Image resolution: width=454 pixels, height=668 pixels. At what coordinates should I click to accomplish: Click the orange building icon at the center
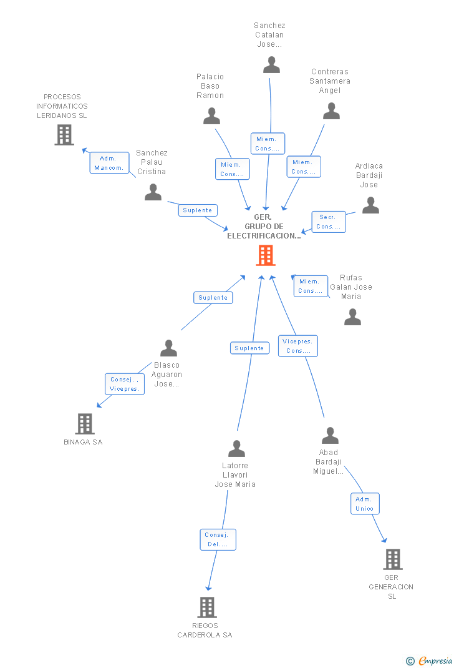pyautogui.click(x=266, y=255)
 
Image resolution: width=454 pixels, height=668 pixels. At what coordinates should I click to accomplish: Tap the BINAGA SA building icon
pyautogui.click(x=85, y=424)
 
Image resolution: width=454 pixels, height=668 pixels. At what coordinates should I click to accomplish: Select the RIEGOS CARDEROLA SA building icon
pyautogui.click(x=207, y=607)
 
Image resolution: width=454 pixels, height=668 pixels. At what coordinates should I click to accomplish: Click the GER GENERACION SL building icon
pyautogui.click(x=393, y=559)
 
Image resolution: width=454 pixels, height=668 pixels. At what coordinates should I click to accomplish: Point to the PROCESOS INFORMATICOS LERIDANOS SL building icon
pyautogui.click(x=64, y=135)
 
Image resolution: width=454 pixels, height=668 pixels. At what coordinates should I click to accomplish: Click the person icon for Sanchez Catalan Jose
pyautogui.click(x=271, y=65)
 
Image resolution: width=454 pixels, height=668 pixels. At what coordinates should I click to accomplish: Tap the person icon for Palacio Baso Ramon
pyautogui.click(x=211, y=116)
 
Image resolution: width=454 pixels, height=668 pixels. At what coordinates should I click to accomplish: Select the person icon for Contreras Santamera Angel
pyautogui.click(x=332, y=111)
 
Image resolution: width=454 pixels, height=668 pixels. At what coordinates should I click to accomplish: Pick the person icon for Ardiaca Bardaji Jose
pyautogui.click(x=370, y=205)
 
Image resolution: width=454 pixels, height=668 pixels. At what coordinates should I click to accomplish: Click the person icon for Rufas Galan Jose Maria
pyautogui.click(x=353, y=317)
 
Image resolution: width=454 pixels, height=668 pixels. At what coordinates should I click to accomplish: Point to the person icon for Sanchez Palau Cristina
pyautogui.click(x=153, y=192)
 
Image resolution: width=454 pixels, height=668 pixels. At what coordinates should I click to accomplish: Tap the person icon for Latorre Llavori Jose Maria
pyautogui.click(x=236, y=449)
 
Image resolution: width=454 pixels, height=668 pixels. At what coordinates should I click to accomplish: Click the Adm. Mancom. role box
pyautogui.click(x=109, y=163)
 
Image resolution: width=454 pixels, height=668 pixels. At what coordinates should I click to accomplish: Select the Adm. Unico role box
pyautogui.click(x=365, y=504)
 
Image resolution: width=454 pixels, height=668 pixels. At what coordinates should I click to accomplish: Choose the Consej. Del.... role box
pyautogui.click(x=218, y=540)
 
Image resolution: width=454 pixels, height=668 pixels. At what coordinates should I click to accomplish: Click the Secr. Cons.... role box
pyautogui.click(x=329, y=222)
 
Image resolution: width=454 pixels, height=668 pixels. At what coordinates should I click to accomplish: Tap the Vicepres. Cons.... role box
pyautogui.click(x=298, y=346)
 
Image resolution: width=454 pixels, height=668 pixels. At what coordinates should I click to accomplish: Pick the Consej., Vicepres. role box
pyautogui.click(x=125, y=385)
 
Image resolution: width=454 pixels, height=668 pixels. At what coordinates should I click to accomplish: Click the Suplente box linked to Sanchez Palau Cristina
pyautogui.click(x=198, y=210)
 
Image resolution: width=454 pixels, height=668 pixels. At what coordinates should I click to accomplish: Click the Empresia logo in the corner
pyautogui.click(x=429, y=661)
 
